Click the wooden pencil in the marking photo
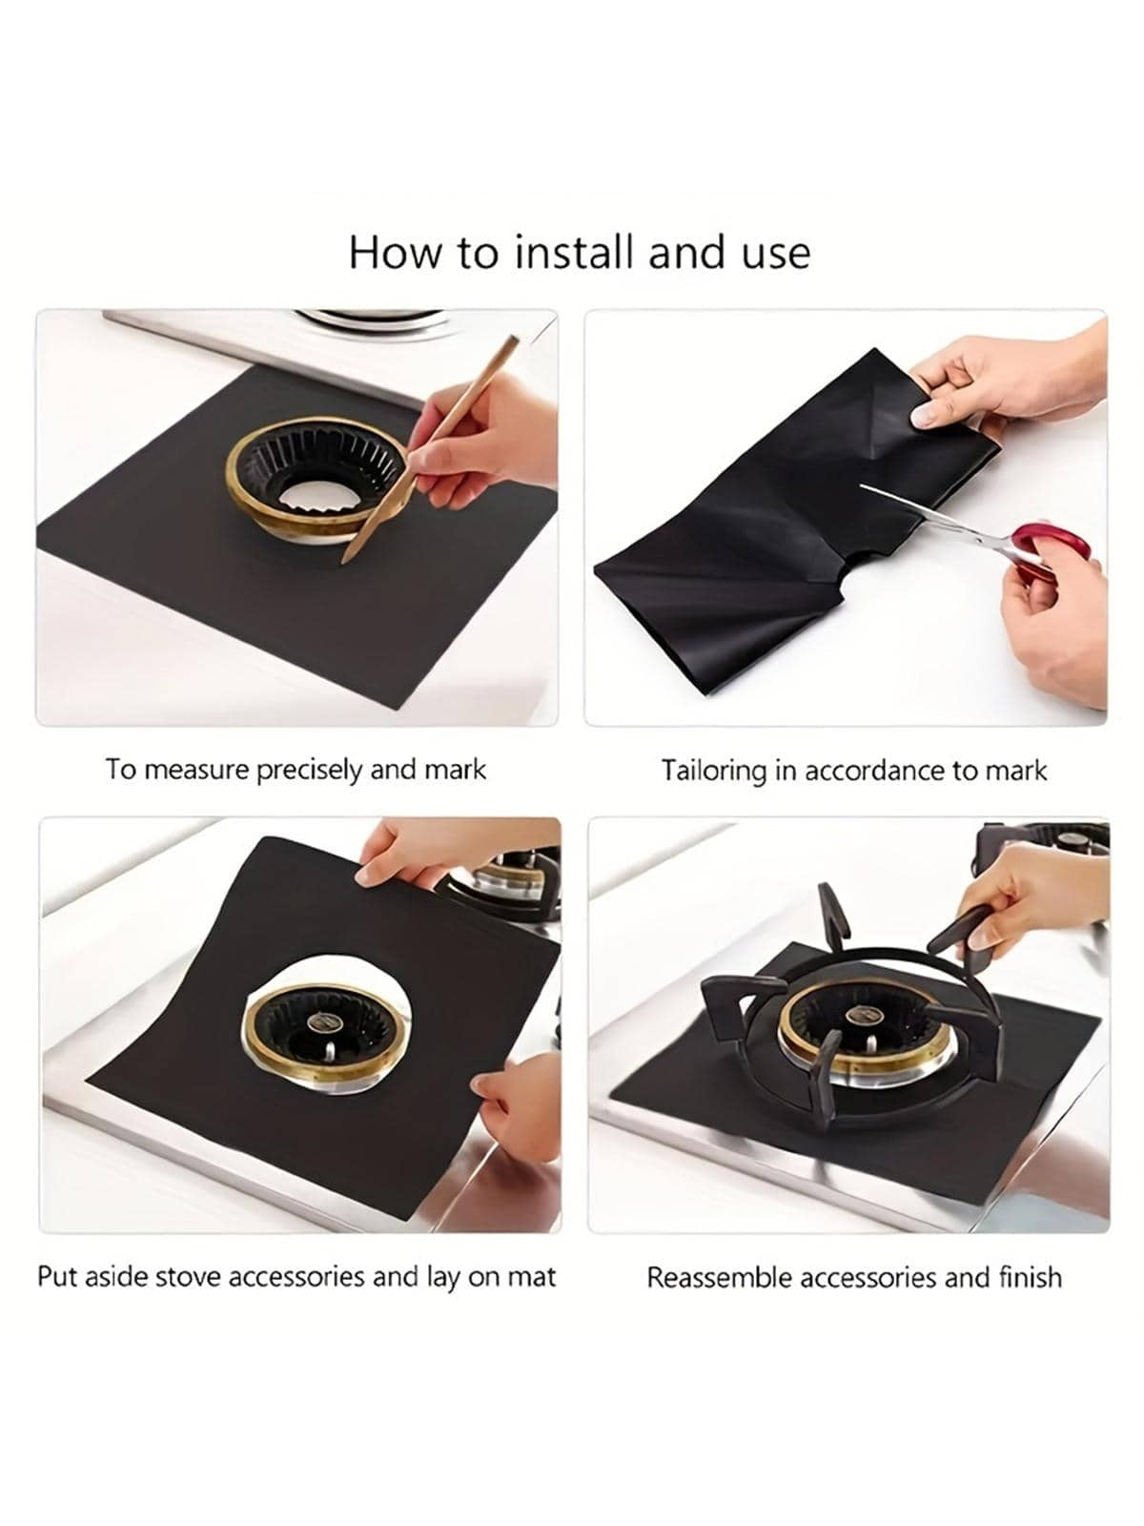point(430,449)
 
